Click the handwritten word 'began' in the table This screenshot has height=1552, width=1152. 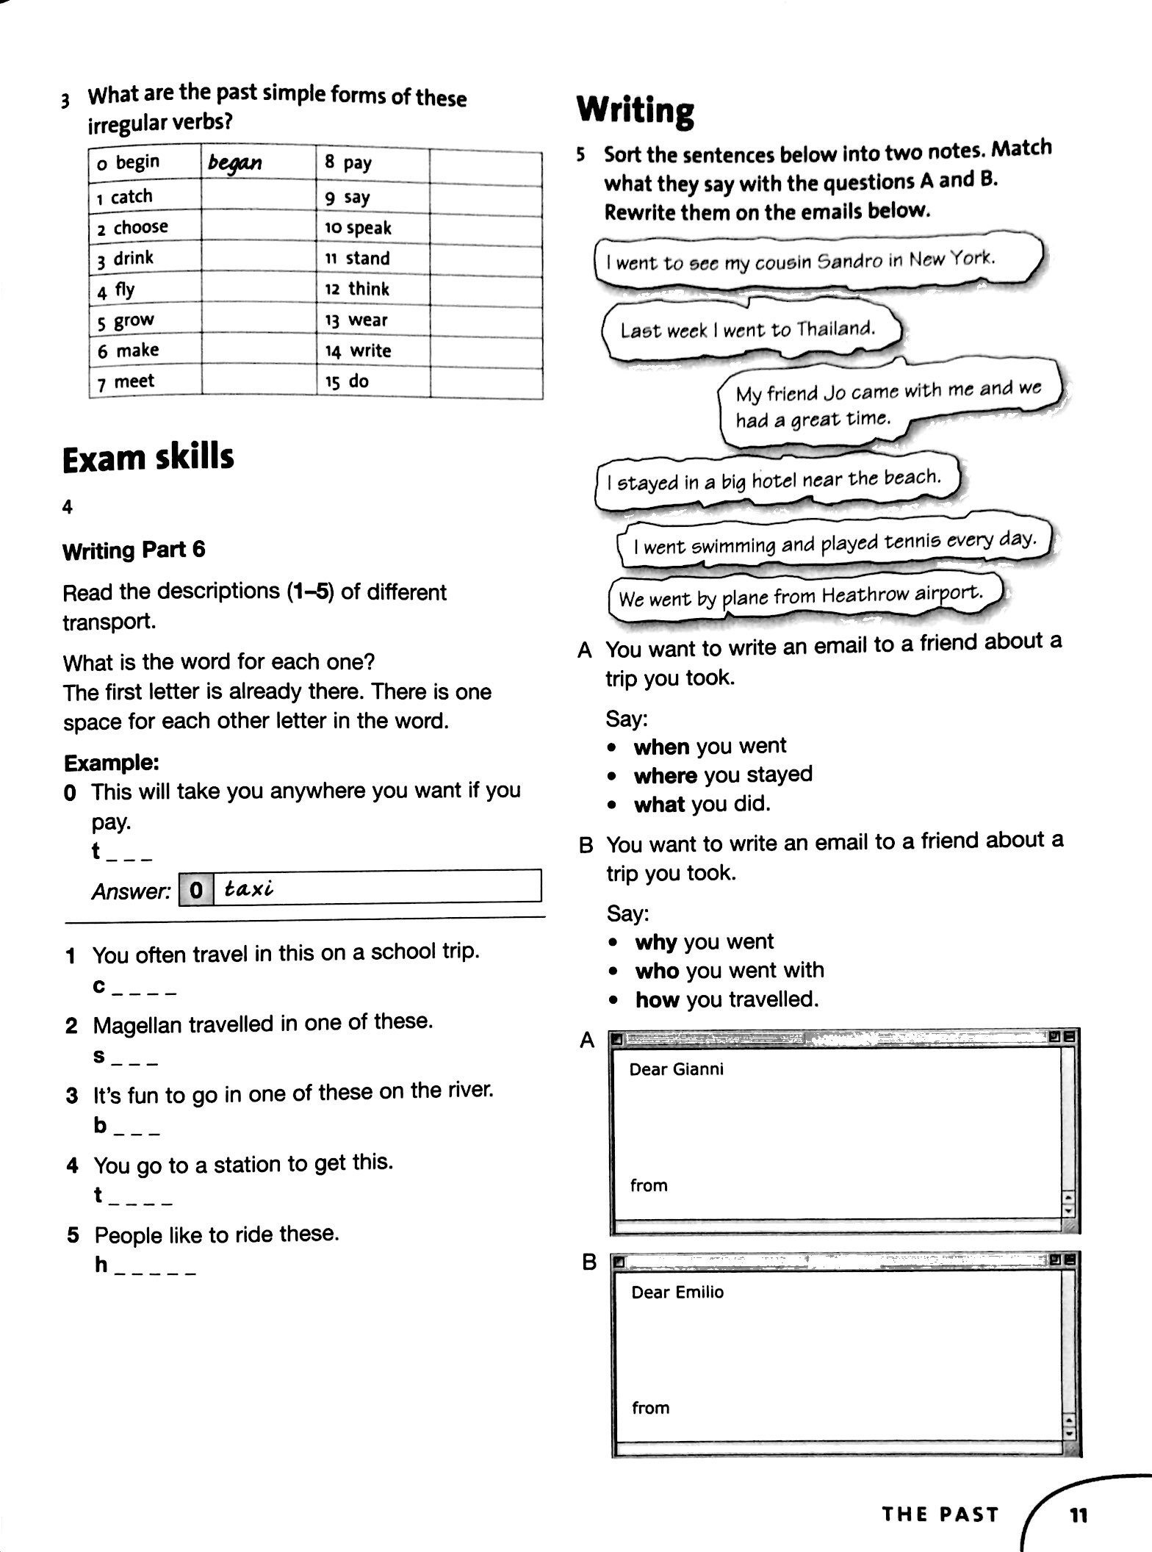click(234, 162)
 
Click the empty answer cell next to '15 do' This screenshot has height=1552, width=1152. click(486, 382)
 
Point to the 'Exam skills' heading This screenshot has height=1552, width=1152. click(148, 457)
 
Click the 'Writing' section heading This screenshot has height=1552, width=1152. click(635, 111)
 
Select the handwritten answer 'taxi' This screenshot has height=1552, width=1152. click(249, 889)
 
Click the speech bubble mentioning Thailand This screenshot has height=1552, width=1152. click(748, 329)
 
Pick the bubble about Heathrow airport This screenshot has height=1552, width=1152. click(800, 596)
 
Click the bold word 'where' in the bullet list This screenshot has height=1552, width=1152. click(665, 775)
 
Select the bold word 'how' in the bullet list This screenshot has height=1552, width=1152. click(657, 999)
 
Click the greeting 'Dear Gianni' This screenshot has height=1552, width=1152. click(676, 1069)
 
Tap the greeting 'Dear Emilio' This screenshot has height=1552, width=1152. click(677, 1292)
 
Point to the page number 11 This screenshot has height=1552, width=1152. click(1078, 1515)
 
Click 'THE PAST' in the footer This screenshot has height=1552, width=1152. click(940, 1515)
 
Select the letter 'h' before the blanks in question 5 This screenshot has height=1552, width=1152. click(101, 1264)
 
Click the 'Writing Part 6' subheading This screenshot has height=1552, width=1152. click(134, 550)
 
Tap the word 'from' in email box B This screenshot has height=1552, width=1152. click(650, 1407)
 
